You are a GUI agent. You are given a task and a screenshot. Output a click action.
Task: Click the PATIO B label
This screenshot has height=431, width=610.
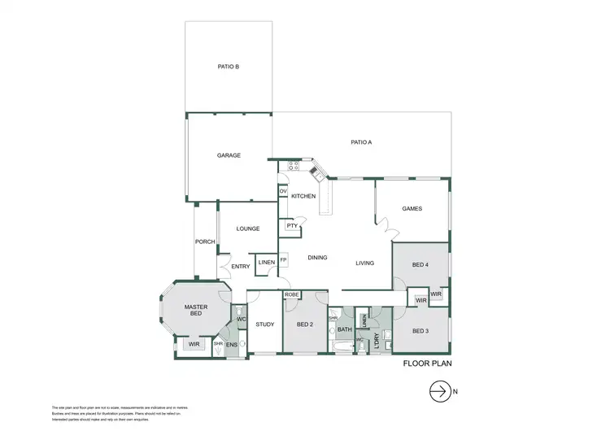click(x=228, y=67)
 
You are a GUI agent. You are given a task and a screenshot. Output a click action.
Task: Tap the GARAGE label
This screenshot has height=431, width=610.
click(x=229, y=155)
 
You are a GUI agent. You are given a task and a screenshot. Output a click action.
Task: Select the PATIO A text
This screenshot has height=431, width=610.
click(x=361, y=142)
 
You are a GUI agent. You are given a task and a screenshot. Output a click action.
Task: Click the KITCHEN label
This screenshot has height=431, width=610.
click(x=303, y=197)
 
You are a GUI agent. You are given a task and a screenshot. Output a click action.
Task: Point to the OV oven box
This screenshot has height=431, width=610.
click(x=283, y=191)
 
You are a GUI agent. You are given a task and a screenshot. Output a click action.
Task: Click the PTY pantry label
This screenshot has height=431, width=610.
click(x=290, y=226)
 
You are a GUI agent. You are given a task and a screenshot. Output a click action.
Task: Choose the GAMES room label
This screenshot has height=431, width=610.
click(x=412, y=209)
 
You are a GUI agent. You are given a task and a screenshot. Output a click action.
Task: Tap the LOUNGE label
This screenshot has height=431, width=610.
click(x=248, y=229)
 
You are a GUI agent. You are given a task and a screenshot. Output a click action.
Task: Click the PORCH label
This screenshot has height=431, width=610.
click(x=205, y=242)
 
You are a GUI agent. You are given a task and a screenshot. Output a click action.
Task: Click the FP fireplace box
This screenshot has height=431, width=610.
click(x=284, y=260)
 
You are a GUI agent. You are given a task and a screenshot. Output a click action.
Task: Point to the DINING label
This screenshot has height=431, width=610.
click(x=317, y=258)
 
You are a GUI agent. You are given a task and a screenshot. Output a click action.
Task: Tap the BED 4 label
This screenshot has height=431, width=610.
click(x=420, y=265)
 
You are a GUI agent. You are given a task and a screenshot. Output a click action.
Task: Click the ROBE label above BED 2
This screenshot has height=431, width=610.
click(x=293, y=294)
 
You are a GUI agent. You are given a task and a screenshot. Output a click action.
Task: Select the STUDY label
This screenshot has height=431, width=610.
click(x=265, y=324)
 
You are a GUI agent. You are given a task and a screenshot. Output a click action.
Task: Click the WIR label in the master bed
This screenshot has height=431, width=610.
click(x=194, y=345)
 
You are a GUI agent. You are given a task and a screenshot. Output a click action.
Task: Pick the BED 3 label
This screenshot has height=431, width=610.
click(x=420, y=331)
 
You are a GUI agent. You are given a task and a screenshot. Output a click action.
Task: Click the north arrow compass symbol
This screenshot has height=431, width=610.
click(x=440, y=391)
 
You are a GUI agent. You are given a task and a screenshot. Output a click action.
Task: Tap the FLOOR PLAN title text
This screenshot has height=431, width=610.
click(x=427, y=365)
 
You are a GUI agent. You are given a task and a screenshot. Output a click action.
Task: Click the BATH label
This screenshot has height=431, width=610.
click(x=344, y=329)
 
